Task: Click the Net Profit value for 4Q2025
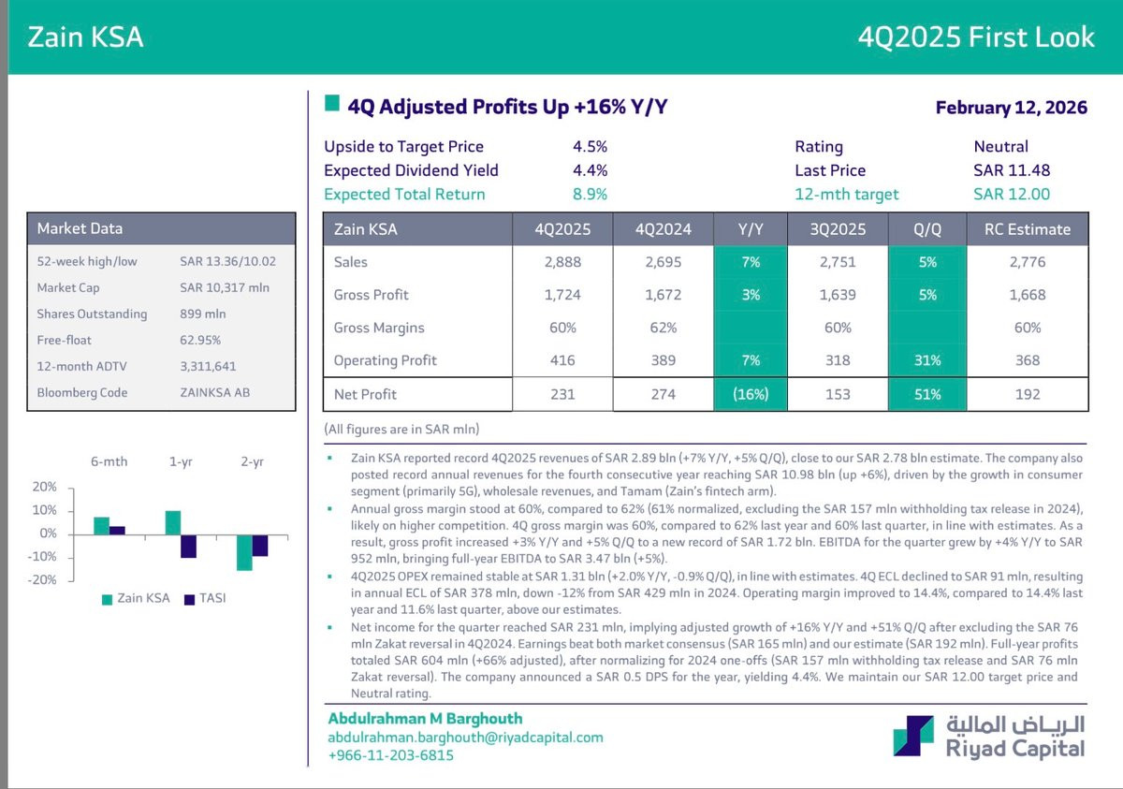tap(562, 394)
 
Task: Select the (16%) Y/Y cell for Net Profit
tap(751, 394)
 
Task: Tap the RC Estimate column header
tap(1027, 228)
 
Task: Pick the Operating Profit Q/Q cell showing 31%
tap(927, 360)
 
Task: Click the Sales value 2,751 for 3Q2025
tap(838, 262)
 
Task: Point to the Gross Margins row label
tap(379, 328)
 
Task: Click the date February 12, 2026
tap(1011, 108)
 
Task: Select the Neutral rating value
tap(1000, 147)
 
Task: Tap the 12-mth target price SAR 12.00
tap(1012, 195)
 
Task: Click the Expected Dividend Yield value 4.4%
tap(590, 170)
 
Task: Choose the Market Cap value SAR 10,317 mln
tap(225, 287)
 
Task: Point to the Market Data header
tap(80, 228)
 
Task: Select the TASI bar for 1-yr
tap(188, 546)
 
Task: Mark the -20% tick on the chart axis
tap(45, 579)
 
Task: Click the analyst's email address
tap(465, 737)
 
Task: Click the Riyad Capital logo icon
tap(912, 736)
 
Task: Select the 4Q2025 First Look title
tap(976, 37)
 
